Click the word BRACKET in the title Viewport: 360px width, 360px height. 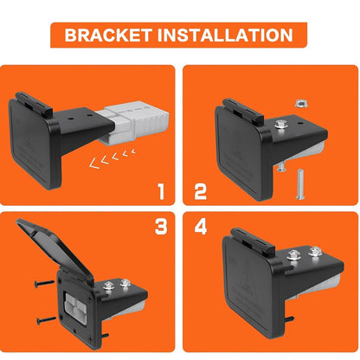[108, 35]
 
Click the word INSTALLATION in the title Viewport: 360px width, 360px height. [225, 35]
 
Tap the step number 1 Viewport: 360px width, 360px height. [161, 191]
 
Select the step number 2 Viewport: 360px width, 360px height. [201, 191]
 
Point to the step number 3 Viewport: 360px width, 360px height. [161, 227]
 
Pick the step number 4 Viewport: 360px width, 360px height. [201, 227]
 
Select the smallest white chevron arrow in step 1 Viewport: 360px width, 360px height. [133, 151]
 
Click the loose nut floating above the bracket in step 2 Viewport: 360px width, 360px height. [301, 103]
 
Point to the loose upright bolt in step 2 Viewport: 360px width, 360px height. [299, 184]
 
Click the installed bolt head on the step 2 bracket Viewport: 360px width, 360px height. [280, 125]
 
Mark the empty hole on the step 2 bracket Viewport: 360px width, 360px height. [300, 123]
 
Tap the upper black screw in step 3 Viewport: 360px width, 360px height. [44, 284]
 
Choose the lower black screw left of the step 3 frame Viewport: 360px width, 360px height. [46, 320]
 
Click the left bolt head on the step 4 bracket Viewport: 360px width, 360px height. [293, 254]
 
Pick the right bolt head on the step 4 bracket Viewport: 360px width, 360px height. [315, 251]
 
